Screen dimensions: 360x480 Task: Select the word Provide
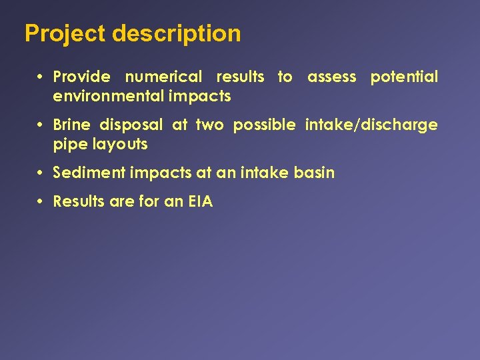coord(81,77)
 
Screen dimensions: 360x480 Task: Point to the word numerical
coord(163,77)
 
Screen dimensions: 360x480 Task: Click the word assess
coord(332,77)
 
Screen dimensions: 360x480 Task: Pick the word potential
coord(404,77)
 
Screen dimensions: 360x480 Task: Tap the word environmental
coord(108,97)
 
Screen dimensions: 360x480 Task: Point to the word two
coord(209,125)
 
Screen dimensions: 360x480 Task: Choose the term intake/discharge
coord(371,125)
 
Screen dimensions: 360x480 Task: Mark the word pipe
coord(67,145)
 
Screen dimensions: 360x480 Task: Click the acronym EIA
coord(200,202)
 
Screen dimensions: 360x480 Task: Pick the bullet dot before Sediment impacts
coord(41,173)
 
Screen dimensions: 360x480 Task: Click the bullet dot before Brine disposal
coord(41,125)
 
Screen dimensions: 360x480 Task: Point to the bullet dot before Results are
coord(41,202)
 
